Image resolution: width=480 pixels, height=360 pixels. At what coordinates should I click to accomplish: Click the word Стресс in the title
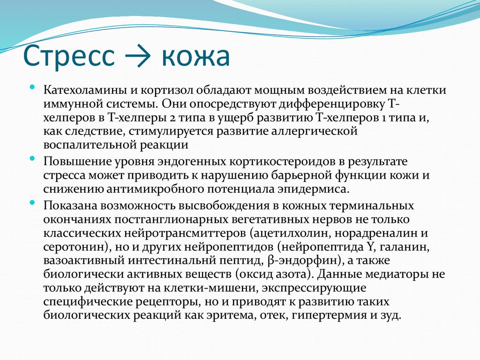click(69, 57)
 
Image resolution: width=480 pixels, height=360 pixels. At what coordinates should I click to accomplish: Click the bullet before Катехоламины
click(32, 87)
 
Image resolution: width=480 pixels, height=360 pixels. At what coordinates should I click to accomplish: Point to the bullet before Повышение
click(32, 159)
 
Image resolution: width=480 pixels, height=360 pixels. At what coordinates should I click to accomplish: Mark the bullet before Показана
click(32, 202)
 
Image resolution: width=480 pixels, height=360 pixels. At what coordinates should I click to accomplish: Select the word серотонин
click(73, 247)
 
